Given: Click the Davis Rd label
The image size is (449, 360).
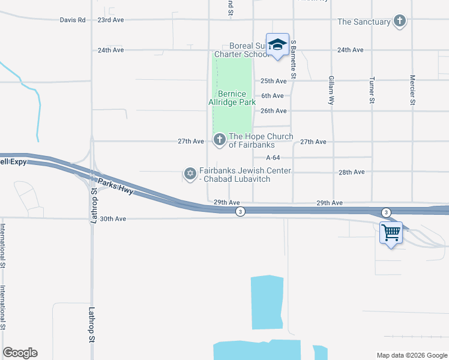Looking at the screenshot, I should point(73,20).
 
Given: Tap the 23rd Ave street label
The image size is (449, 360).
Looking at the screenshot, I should point(110,20).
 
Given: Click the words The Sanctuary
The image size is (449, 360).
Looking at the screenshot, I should point(364,22).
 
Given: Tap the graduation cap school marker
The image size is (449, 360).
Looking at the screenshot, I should point(277,44).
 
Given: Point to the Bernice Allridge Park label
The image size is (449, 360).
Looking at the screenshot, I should point(232,98).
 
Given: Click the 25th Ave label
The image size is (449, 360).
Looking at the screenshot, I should point(273,81).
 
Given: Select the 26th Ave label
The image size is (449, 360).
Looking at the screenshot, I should point(273,111).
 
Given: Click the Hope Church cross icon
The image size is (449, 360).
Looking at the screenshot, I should point(219,140).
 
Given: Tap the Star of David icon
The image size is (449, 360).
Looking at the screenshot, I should point(190,174).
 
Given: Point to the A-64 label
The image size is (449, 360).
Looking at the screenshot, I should point(273,157).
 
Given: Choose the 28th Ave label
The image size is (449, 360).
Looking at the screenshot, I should point(351,172).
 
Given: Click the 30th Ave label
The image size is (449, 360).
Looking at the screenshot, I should point(113,219).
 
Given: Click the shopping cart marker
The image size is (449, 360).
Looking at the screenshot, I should point(391,232).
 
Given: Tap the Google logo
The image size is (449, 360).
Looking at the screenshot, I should point(20,353).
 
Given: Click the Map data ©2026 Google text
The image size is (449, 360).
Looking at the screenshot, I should point(411,355).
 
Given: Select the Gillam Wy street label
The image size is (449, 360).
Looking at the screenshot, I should point(331,91).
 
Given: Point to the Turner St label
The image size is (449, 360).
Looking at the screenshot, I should point(372,91).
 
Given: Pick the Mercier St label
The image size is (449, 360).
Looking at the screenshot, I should point(412,90).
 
